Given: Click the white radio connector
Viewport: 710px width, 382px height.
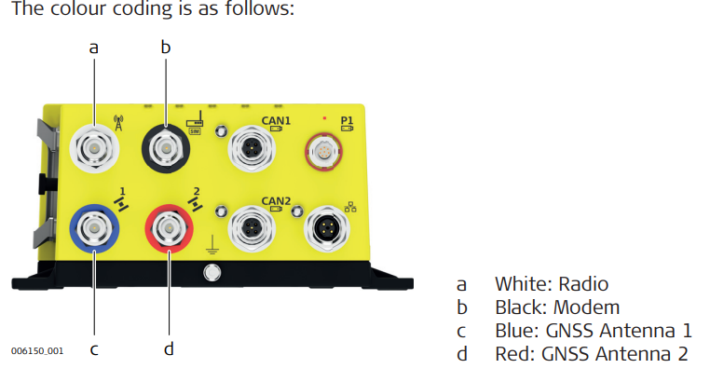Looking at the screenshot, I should tap(93, 148).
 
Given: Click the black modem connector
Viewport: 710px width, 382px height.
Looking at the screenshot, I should tap(167, 148).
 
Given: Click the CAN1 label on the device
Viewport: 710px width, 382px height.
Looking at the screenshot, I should tap(276, 121).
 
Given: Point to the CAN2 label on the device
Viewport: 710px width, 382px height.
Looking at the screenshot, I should tap(276, 200).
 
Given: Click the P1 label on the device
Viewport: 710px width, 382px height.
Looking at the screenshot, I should tap(347, 120).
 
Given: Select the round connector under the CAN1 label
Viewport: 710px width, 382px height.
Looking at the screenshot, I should tap(252, 148).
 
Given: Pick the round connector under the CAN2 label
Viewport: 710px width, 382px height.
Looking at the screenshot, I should tap(252, 228).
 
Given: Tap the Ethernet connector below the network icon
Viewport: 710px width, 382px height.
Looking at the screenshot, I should tap(327, 228).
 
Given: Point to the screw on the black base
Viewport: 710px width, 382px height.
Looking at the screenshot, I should tap(212, 272).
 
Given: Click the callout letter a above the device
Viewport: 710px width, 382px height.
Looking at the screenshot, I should tap(93, 47).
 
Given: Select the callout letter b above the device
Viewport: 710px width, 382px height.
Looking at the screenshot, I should tap(167, 45).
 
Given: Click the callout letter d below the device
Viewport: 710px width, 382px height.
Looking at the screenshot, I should tap(168, 349).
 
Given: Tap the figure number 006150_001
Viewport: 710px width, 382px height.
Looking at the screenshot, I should tap(37, 353).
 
